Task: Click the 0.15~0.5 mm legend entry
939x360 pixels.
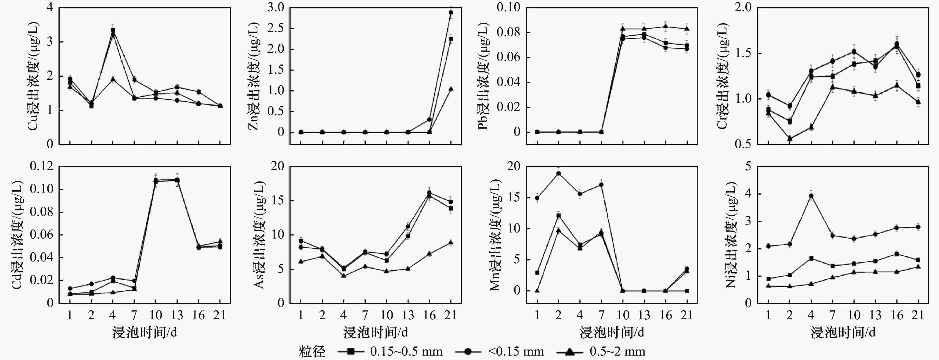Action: point(390,351)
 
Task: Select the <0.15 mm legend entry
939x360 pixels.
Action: point(499,351)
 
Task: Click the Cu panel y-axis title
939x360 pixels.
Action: point(33,76)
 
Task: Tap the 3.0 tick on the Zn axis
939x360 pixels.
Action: point(276,7)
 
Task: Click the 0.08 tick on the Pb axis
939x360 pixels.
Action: point(509,32)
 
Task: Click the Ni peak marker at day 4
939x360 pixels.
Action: point(811,196)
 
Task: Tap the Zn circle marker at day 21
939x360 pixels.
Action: point(451,12)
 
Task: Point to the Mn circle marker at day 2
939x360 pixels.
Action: point(558,173)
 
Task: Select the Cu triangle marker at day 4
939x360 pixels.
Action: point(113,79)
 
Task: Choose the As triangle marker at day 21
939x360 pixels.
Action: point(451,242)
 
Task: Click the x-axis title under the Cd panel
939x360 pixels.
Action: point(145,332)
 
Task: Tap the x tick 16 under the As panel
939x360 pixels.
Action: point(430,315)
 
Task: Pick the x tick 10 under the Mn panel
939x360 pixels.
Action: point(623,315)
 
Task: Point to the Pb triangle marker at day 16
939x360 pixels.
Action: point(666,26)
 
